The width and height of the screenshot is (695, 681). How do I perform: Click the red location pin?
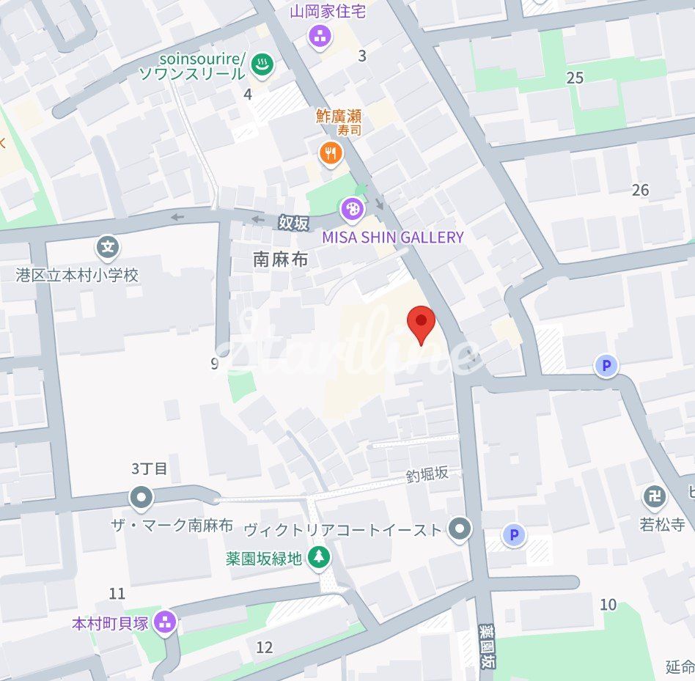coord(421,323)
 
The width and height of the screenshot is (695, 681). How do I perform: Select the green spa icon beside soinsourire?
coord(260,65)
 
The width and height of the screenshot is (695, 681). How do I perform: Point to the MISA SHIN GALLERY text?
coord(393,237)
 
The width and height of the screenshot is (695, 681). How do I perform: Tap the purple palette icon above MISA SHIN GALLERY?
coord(353,210)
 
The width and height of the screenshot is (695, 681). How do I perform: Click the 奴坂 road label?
coord(293,223)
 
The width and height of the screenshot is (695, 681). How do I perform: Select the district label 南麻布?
coord(280,259)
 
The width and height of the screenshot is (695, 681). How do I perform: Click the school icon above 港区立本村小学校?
coord(109,247)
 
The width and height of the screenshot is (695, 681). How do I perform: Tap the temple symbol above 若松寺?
coord(655,498)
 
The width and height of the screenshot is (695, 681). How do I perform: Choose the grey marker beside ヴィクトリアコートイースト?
coord(460,529)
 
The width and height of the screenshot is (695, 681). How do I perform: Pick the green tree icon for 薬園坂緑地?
coord(318,558)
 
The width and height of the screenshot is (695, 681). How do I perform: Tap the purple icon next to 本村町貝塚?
coord(166,622)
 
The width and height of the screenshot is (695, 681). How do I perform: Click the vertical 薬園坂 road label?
coord(485,645)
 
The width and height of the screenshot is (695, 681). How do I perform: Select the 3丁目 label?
coord(150,468)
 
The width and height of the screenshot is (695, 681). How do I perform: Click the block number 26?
coord(640,191)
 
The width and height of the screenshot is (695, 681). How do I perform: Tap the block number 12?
coord(265,647)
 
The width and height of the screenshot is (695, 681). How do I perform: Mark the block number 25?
coord(575,78)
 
